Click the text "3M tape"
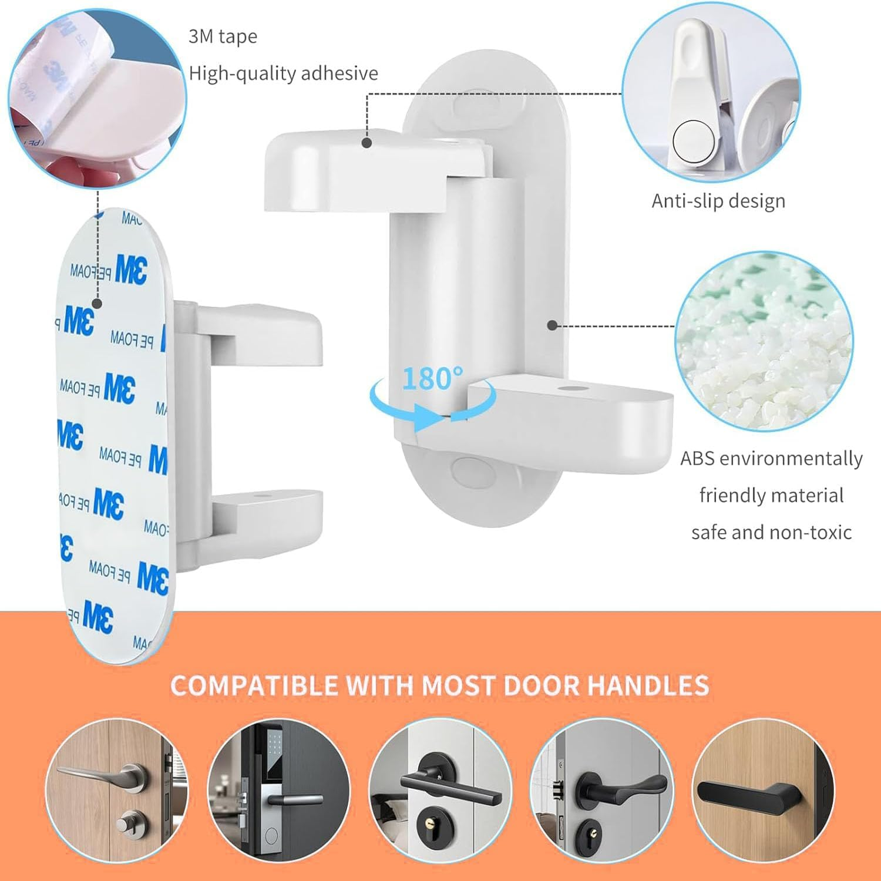point(223,36)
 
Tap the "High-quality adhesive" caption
point(283,73)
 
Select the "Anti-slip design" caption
point(718,201)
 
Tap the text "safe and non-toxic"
point(771,532)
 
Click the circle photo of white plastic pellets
point(764,342)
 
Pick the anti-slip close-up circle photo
point(711,94)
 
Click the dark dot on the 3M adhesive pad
point(97,304)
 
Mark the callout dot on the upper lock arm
point(367,142)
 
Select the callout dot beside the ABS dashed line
point(552,325)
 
